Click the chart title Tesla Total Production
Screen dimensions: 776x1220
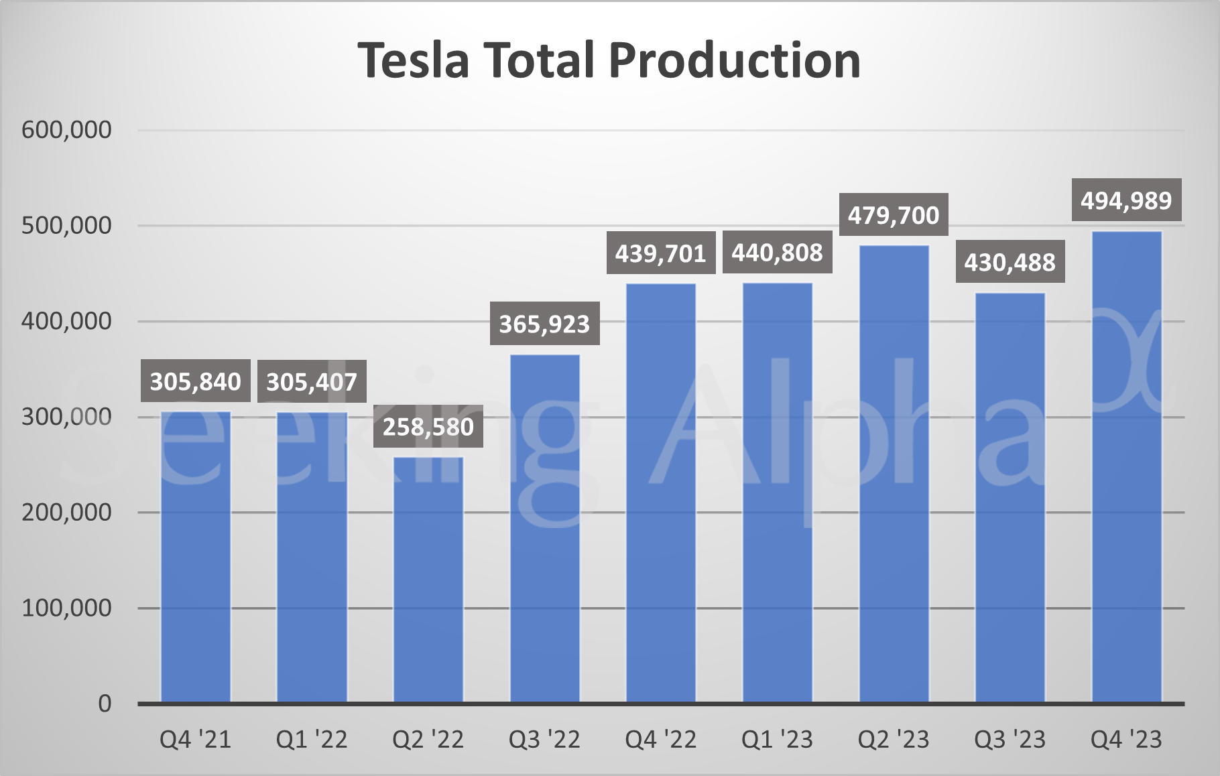pos(609,60)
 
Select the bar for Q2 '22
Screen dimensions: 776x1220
pos(428,580)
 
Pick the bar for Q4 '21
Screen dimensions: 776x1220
pos(196,556)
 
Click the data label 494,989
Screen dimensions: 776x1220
pos(1126,200)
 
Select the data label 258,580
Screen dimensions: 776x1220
pos(428,427)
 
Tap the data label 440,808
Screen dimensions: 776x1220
pos(777,253)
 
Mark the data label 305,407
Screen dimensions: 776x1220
pos(312,382)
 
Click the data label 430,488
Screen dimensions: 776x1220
pos(1010,262)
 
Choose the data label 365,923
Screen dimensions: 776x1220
pos(544,324)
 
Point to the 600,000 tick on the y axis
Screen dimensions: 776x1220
pos(66,130)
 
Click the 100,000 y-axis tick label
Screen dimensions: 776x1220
pos(66,608)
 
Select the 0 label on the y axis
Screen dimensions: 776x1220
pos(105,704)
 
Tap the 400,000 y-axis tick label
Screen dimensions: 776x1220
pos(66,322)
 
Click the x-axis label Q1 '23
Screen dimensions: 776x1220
pos(777,740)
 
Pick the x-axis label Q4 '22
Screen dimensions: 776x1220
pos(661,740)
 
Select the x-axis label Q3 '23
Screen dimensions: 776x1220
pos(1010,740)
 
